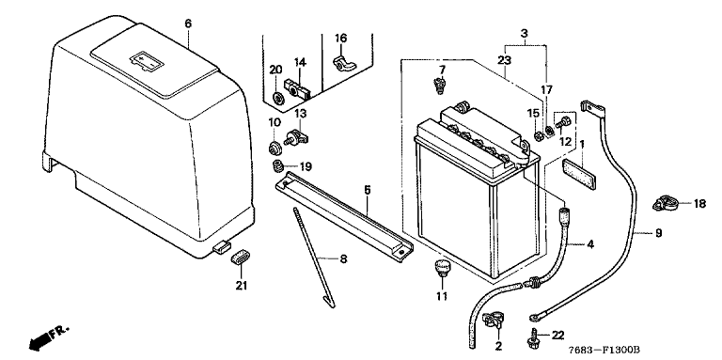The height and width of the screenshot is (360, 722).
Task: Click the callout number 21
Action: pyautogui.click(x=242, y=286)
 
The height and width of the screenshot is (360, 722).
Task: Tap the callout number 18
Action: pyautogui.click(x=699, y=203)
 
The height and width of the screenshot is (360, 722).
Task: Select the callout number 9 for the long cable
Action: pyautogui.click(x=658, y=233)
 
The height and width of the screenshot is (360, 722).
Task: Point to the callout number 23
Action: pyautogui.click(x=505, y=59)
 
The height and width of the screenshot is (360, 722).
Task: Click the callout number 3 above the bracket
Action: pyautogui.click(x=524, y=33)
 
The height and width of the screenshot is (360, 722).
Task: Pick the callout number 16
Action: pyautogui.click(x=340, y=38)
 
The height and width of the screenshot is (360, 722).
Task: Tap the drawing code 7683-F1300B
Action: pyautogui.click(x=604, y=351)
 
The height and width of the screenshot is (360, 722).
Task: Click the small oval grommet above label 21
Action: pyautogui.click(x=240, y=258)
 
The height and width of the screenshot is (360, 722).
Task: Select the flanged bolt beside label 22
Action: pyautogui.click(x=534, y=337)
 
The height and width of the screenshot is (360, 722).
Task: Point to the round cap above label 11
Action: pyautogui.click(x=442, y=268)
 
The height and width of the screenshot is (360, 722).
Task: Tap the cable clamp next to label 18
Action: pyautogui.click(x=665, y=203)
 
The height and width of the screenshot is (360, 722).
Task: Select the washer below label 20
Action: pyautogui.click(x=278, y=98)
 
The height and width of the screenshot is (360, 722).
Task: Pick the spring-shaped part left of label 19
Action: pyautogui.click(x=277, y=165)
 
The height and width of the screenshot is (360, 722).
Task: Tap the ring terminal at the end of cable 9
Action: pyautogui.click(x=535, y=316)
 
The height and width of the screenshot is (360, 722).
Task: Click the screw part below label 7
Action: pyautogui.click(x=439, y=86)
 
